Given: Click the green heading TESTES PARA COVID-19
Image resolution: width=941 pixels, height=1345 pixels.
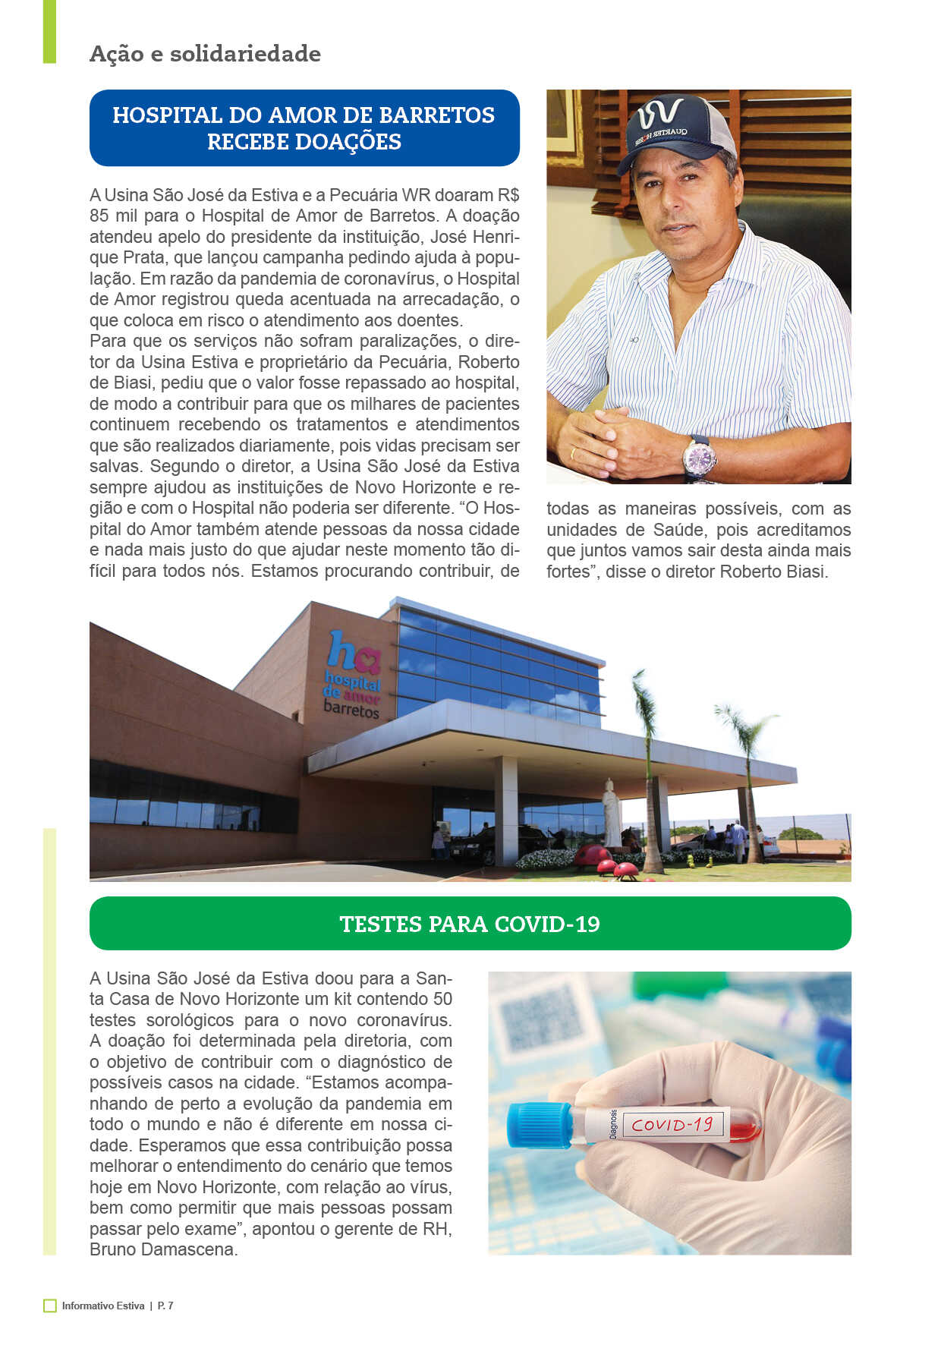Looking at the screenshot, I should pyautogui.click(x=470, y=924).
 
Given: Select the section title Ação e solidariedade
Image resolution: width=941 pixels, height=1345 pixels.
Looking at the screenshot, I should pyautogui.click(x=205, y=54).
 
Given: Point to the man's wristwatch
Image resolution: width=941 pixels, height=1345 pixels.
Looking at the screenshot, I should pyautogui.click(x=698, y=457).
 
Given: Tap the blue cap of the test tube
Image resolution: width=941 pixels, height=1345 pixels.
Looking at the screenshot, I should pyautogui.click(x=538, y=1124).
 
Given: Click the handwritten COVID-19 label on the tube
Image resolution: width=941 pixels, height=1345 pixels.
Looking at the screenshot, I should pyautogui.click(x=672, y=1124).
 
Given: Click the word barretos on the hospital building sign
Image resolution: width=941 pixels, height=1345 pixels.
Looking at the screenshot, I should pyautogui.click(x=351, y=710).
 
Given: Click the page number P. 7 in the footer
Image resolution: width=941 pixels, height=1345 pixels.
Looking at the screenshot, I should pyautogui.click(x=165, y=1306).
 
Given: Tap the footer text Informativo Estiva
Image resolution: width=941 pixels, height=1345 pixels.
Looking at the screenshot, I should pyautogui.click(x=103, y=1306).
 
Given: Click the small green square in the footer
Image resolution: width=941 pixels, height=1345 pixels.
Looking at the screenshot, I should pyautogui.click(x=50, y=1306).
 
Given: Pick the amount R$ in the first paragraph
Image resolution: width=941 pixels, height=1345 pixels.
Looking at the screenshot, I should pyautogui.click(x=508, y=195).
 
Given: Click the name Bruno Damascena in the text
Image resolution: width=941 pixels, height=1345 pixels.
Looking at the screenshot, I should pyautogui.click(x=163, y=1249).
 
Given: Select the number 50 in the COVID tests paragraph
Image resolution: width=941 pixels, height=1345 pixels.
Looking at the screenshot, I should pyautogui.click(x=442, y=999).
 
